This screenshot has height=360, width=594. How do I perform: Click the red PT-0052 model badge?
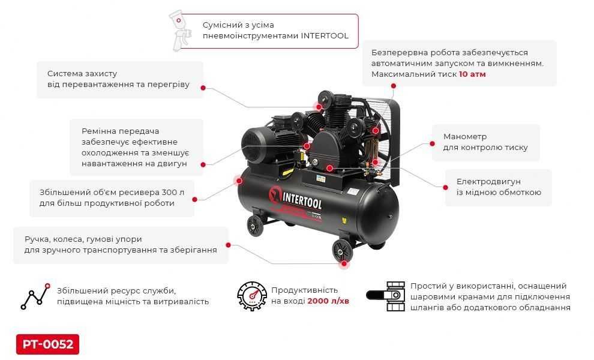pyautogui.click(x=47, y=344)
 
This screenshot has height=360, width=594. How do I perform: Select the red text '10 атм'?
pyautogui.click(x=472, y=74)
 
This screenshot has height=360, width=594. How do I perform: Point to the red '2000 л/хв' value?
pyautogui.click(x=328, y=301)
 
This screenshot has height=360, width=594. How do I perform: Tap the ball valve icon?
pyautogui.click(x=386, y=296)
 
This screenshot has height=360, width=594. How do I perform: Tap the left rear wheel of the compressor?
pyautogui.click(x=255, y=226)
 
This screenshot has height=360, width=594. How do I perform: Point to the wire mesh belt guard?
pyautogui.click(x=384, y=138)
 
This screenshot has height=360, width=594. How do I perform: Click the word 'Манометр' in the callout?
pyautogui.click(x=465, y=136)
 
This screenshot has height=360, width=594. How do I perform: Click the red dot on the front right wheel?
pyautogui.click(x=344, y=263)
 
